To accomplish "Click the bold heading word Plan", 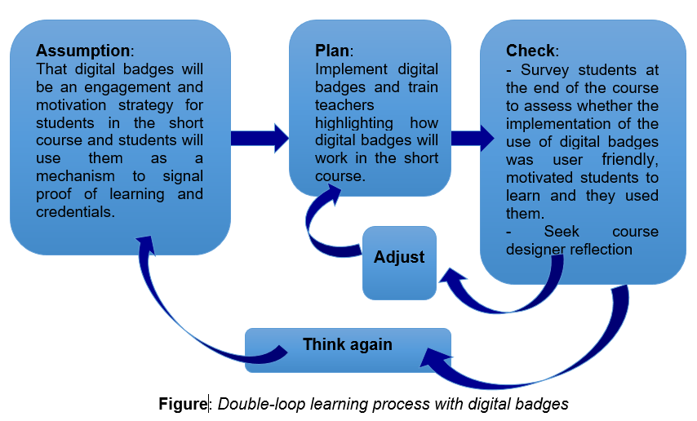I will coord(332,50).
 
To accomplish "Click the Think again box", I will coord(348,344).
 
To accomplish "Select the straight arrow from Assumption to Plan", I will coord(259,137).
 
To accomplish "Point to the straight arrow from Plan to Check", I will coord(472,137).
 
